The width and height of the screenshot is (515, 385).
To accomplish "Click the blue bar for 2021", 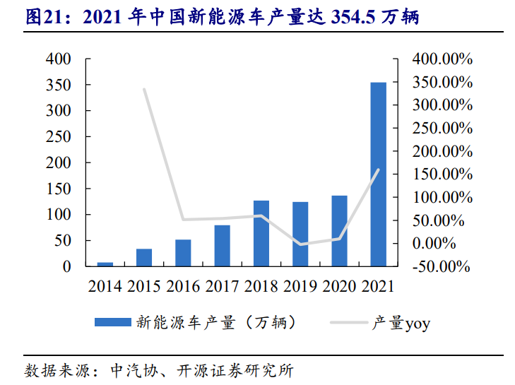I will click(x=379, y=174).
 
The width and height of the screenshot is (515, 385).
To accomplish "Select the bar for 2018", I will click(x=261, y=234).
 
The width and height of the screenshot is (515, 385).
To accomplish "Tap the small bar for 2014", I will click(x=105, y=263).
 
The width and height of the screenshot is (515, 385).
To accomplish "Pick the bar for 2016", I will click(x=183, y=253).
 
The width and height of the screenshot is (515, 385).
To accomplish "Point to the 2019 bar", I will click(x=300, y=235).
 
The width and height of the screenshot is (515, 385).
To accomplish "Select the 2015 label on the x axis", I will click(x=144, y=286).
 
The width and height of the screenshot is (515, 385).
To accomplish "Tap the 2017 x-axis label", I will click(x=223, y=286).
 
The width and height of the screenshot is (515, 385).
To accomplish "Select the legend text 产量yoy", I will click(x=401, y=324).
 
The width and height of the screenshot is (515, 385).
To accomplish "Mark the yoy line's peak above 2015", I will click(x=144, y=89).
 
